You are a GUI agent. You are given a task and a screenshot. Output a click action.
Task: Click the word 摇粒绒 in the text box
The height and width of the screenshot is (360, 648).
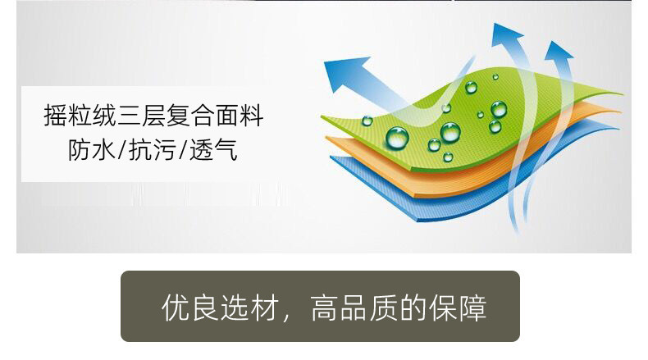click(80, 116)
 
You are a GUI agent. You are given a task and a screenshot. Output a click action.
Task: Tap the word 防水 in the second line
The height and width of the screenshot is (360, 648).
click(91, 149)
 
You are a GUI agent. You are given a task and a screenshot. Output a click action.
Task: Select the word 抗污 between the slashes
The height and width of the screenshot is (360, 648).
click(153, 149)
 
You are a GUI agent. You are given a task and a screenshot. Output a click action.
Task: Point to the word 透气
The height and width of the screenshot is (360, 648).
click(213, 149)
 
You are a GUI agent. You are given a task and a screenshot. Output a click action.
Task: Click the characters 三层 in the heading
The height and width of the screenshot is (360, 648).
click(142, 116)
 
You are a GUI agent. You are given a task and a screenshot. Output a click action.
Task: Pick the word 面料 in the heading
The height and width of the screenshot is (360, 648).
click(240, 116)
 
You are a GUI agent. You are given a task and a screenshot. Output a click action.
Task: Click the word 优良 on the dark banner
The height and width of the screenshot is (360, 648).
click(189, 308)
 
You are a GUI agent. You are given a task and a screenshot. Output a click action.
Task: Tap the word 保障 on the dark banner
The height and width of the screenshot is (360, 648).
click(458, 308)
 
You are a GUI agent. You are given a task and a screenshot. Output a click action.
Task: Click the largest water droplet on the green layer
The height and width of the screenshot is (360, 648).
click(397, 137)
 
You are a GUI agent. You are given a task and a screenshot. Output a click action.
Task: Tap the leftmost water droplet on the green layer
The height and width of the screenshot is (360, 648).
click(367, 121)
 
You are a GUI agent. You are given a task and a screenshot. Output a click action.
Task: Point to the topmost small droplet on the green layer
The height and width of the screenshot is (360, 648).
click(495, 77)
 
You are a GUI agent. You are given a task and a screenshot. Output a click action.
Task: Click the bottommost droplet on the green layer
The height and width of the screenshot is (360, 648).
click(448, 157)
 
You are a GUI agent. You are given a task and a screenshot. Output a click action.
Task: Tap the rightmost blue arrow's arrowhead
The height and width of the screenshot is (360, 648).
click(559, 51)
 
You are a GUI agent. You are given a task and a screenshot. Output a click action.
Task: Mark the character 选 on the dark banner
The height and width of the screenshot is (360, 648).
click(234, 308)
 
